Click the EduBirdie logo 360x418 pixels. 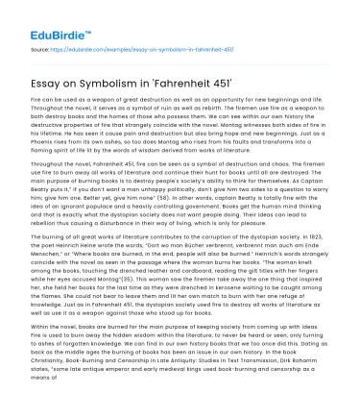(40, 17)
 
